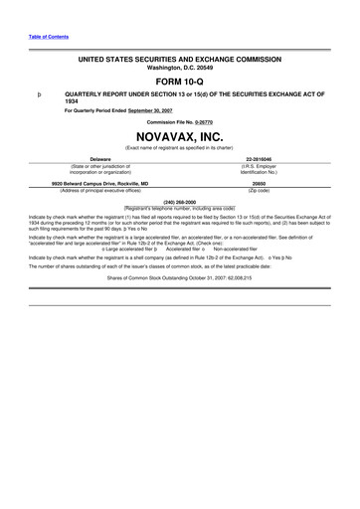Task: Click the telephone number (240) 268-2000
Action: pos(180,199)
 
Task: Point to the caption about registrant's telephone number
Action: pos(180,206)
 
